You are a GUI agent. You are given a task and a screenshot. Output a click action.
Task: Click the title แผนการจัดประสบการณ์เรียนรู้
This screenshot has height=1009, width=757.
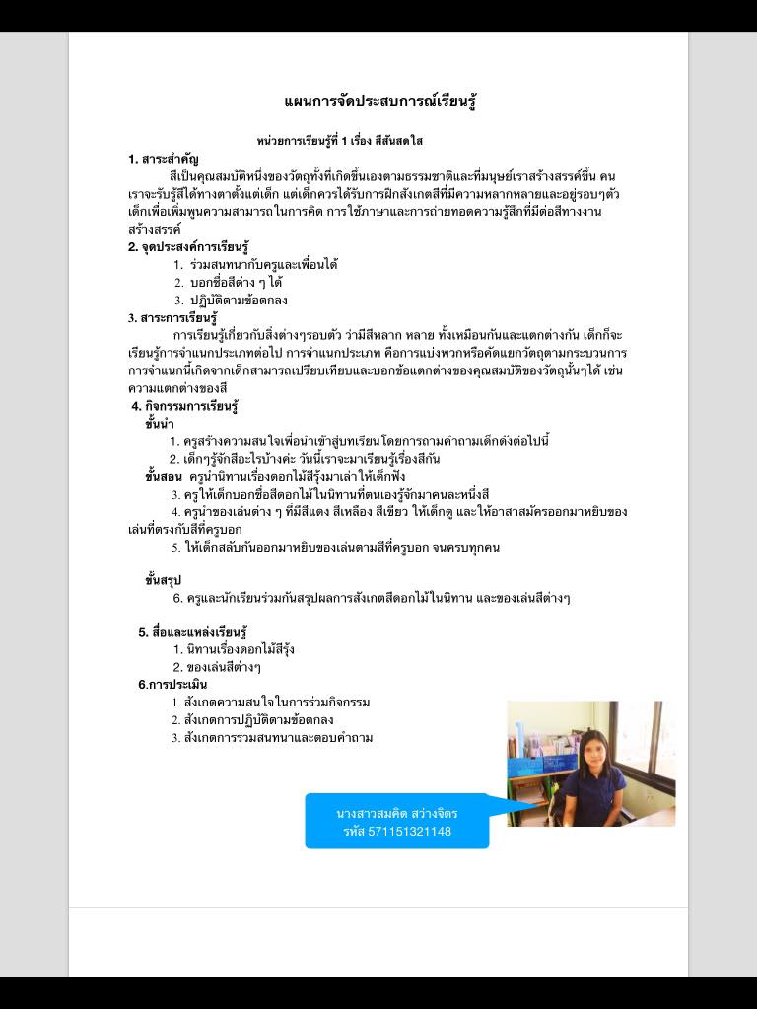[x=380, y=102]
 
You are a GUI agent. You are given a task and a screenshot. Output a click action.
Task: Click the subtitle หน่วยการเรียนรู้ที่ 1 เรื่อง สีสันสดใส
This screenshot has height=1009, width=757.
[x=340, y=142]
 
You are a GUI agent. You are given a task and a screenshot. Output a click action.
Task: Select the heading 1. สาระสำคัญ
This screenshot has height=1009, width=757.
[x=164, y=159]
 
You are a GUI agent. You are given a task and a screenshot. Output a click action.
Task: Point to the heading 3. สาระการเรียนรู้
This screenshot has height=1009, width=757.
[x=172, y=317]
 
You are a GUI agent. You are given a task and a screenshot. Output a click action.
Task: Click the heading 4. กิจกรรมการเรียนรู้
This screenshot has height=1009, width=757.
[x=186, y=406]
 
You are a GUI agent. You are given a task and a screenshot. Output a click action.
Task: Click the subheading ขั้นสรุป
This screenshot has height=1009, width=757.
[x=163, y=580]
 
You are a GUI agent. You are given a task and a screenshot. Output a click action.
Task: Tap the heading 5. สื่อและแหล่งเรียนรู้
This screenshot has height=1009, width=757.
[x=192, y=632]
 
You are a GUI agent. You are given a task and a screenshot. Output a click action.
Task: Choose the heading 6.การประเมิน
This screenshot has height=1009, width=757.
[x=172, y=684]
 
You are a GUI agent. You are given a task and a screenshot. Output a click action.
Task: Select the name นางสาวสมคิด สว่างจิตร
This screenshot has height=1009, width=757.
[x=396, y=814]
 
